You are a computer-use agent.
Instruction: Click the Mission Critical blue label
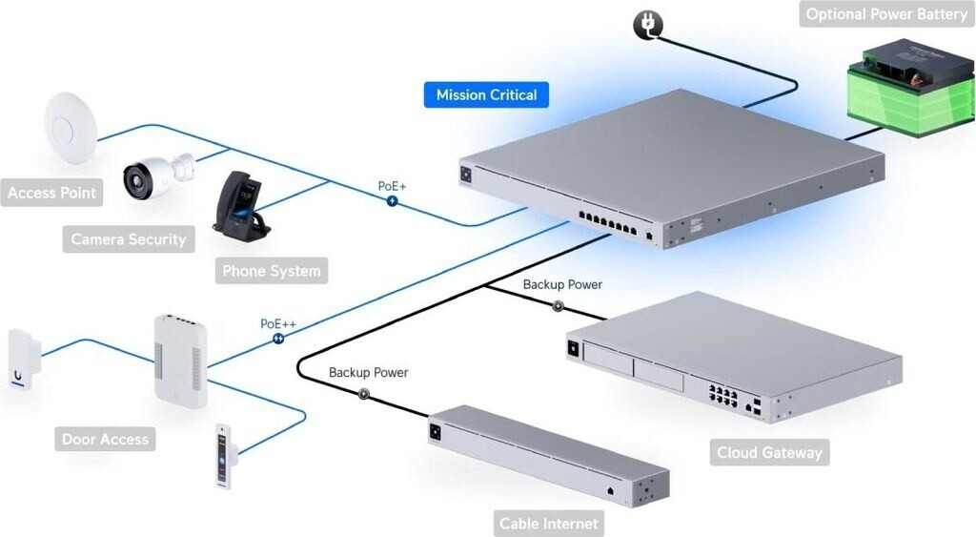tap(486, 94)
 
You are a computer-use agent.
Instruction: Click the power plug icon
tap(647, 24)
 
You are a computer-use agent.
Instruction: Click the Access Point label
tap(51, 193)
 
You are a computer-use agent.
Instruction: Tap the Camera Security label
tap(129, 239)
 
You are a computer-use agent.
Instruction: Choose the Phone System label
tap(272, 271)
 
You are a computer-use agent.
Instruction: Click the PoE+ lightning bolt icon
tap(392, 201)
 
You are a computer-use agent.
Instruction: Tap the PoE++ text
tap(278, 324)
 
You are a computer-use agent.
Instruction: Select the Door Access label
tap(105, 440)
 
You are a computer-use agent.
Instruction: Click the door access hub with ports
tap(180, 361)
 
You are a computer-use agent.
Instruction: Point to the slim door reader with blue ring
tap(224, 457)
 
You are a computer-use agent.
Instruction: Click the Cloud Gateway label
tap(768, 452)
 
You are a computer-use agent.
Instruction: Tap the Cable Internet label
tap(549, 524)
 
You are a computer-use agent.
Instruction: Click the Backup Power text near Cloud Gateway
tap(562, 284)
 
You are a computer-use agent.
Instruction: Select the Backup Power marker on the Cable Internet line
tap(363, 393)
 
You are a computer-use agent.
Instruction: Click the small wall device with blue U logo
tap(21, 361)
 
